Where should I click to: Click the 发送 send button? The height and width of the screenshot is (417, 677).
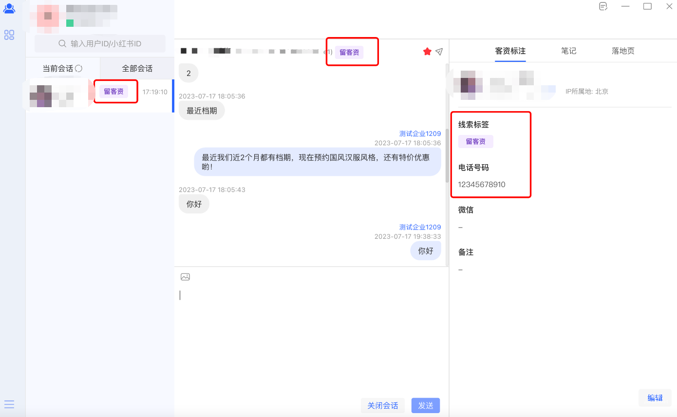425,405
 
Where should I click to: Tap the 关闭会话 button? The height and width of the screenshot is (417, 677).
382,405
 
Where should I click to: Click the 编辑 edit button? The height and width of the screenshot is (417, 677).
655,398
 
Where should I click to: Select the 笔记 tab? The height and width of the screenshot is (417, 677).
568,51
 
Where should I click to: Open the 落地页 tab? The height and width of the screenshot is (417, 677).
623,51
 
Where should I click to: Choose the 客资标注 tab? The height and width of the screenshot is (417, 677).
510,51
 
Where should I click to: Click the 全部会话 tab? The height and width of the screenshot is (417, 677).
137,68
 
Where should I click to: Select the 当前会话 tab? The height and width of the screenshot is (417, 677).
62,68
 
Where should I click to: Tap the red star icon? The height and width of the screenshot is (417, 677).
427,52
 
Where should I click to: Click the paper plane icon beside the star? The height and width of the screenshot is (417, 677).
439,52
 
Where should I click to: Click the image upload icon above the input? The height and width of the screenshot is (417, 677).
185,277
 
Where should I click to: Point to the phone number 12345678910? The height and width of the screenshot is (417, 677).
482,185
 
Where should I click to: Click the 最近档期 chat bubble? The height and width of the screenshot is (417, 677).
201,111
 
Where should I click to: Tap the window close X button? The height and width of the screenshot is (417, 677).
669,6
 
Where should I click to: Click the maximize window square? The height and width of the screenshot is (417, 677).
647,6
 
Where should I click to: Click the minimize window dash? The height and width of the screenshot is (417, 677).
625,6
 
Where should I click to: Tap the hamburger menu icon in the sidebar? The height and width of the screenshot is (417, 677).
9,404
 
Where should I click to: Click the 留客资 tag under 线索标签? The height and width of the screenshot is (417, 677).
475,142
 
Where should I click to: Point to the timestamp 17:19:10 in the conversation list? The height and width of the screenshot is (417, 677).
155,92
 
